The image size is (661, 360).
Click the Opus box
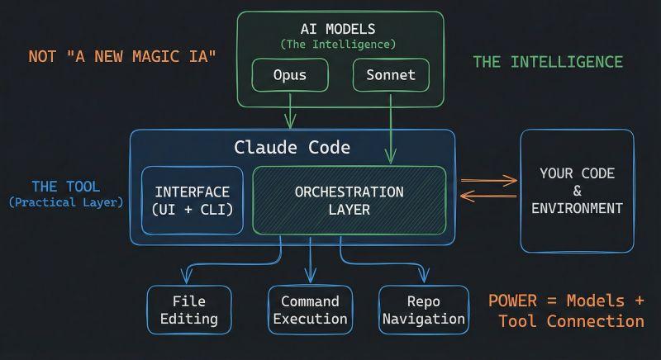[290, 75]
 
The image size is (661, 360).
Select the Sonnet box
[391, 75]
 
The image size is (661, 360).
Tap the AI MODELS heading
[338, 29]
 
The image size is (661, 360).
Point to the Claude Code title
[292, 147]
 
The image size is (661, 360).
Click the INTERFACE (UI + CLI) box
[193, 201]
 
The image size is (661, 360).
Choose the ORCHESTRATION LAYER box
[349, 201]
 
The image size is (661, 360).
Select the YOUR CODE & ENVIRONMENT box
[577, 191]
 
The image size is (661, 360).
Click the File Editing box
[189, 310]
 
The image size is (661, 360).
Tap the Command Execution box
[311, 310]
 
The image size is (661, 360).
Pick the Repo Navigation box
[424, 310]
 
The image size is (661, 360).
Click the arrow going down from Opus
[290, 111]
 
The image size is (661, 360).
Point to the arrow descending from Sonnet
[391, 129]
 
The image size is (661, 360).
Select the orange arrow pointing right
[489, 181]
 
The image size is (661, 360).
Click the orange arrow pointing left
[488, 196]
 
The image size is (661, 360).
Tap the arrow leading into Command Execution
[311, 260]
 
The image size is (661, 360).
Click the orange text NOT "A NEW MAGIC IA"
[122, 56]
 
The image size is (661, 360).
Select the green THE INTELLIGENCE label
[548, 62]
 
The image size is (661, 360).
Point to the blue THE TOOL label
[66, 187]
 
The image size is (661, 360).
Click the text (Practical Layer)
[66, 202]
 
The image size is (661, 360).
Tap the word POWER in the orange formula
[512, 301]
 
